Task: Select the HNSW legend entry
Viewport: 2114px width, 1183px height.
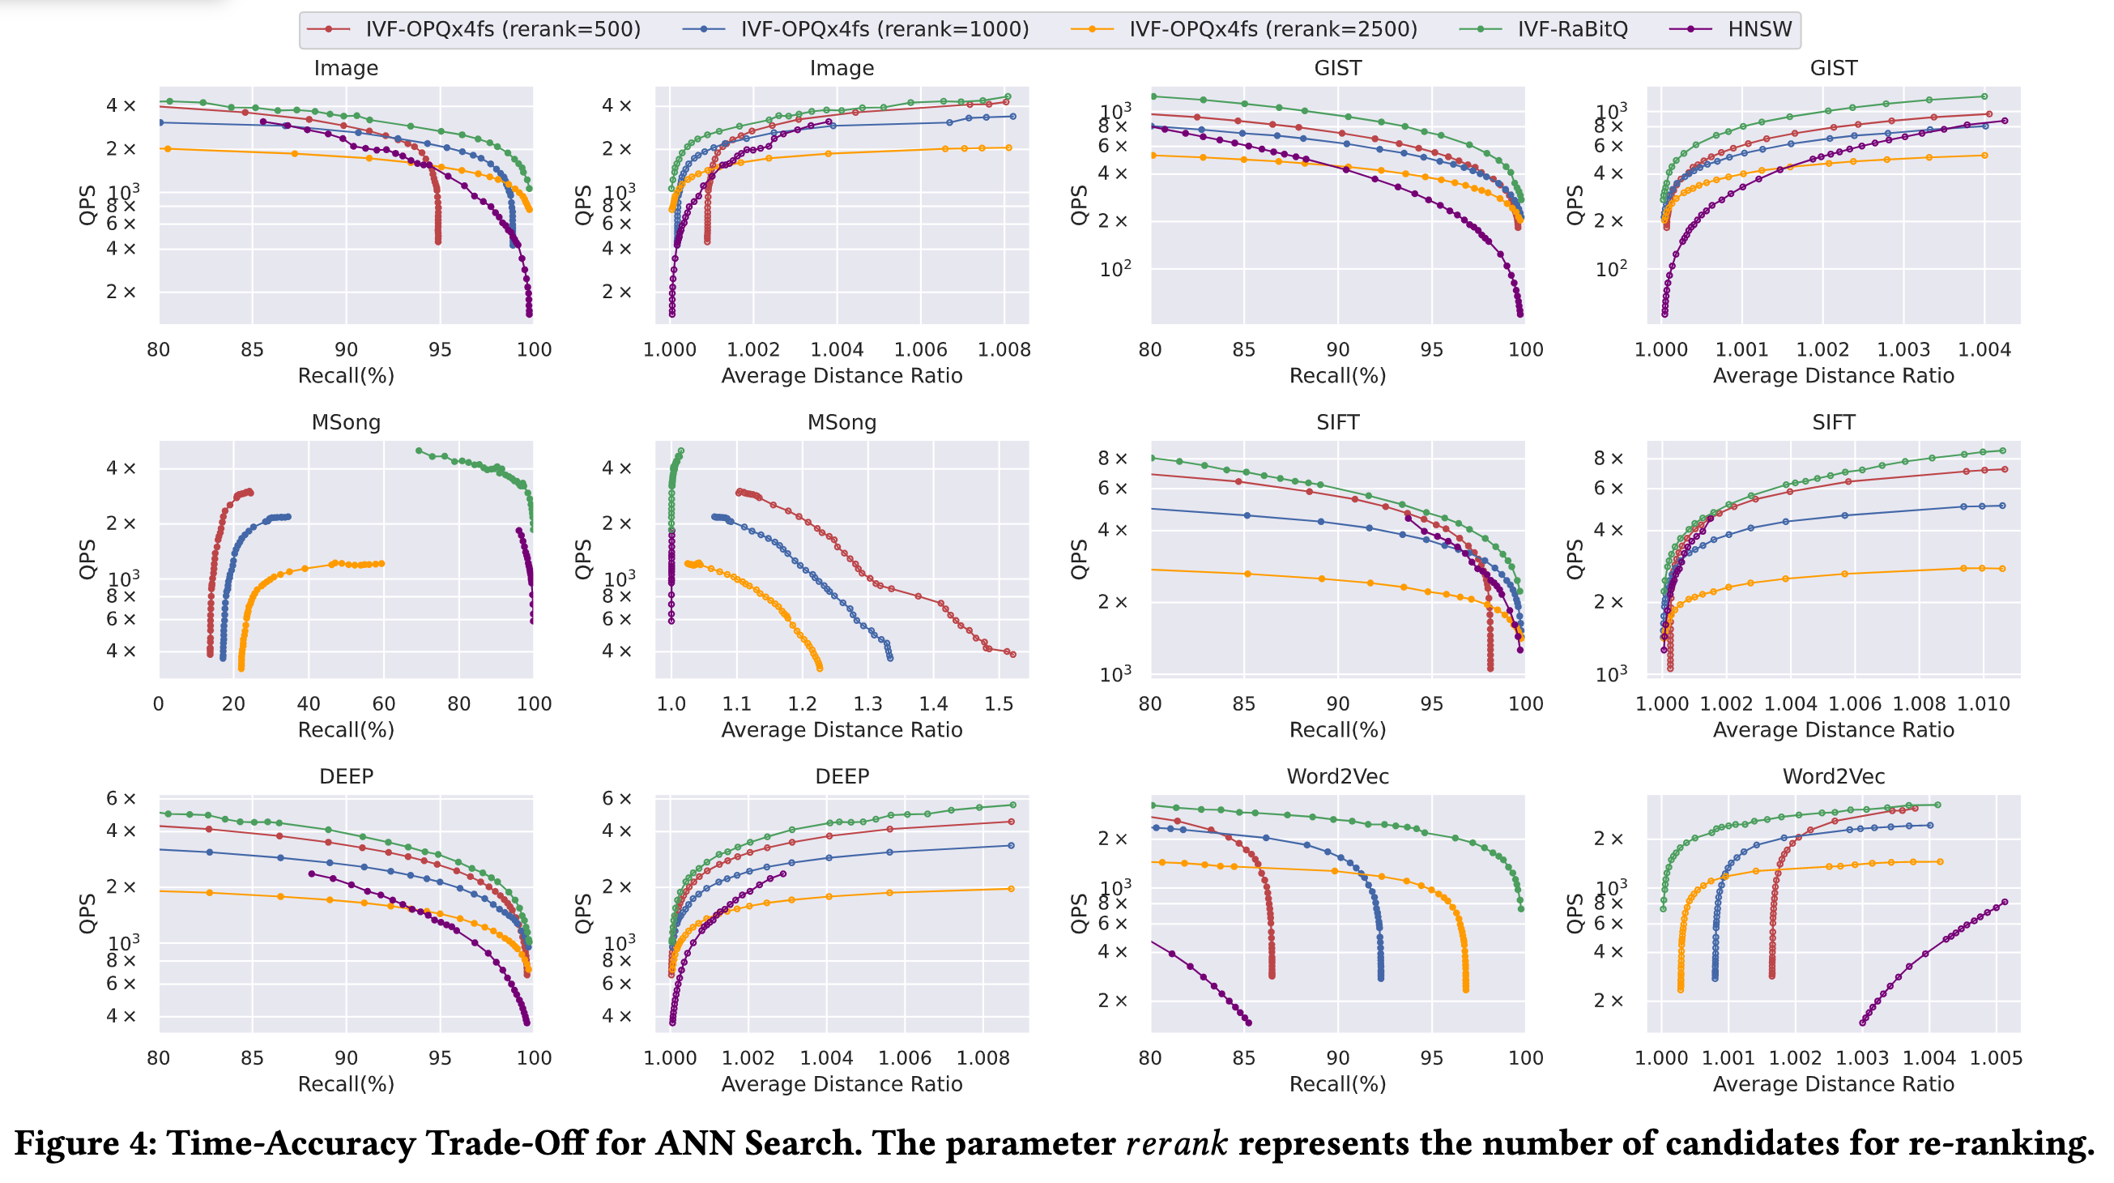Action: coord(1758,29)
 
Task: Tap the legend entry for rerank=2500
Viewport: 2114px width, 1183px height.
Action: coord(1272,29)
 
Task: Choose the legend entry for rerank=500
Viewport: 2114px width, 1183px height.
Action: coord(502,29)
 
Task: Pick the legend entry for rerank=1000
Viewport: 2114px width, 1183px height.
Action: coord(884,29)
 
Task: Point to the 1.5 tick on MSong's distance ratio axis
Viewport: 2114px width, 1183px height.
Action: coord(999,704)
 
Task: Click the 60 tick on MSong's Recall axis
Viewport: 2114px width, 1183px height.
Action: coord(383,704)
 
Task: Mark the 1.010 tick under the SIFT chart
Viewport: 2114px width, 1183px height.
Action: coord(1984,704)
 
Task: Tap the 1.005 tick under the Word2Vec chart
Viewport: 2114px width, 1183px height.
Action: coord(1996,1058)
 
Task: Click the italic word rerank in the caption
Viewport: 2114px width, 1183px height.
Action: coord(1177,1143)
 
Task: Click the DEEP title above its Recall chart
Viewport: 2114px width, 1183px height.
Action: coord(346,776)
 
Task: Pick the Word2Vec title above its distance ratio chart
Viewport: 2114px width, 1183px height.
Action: coord(1833,776)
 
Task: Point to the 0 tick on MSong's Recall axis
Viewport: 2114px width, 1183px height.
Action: coord(159,704)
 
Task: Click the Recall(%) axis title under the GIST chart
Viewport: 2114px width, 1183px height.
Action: coord(1337,376)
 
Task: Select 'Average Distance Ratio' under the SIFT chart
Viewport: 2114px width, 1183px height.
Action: coord(1833,731)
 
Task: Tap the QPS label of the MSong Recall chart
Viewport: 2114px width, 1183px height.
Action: coord(87,559)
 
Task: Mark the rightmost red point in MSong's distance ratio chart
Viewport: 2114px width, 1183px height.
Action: coord(1012,656)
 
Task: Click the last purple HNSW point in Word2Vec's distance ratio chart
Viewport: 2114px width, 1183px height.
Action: coord(2005,902)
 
